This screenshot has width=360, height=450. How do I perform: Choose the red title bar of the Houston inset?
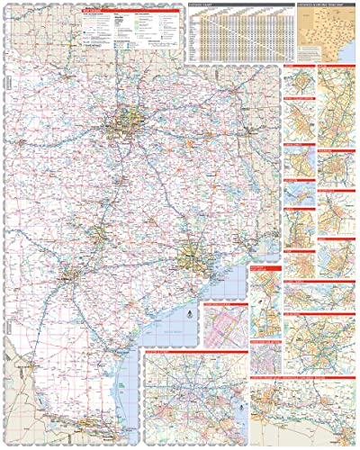pyautogui.click(x=189, y=355)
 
